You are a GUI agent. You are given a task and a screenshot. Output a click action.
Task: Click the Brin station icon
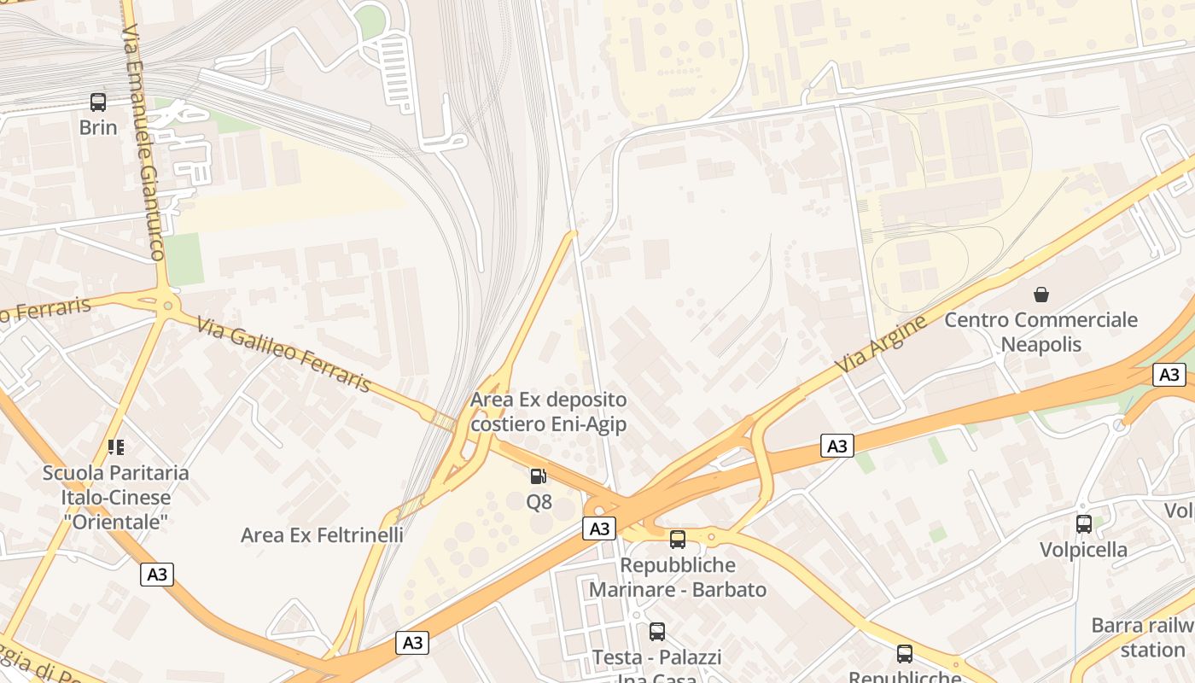tap(98, 102)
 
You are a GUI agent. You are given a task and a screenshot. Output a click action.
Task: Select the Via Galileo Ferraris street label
tap(283, 354)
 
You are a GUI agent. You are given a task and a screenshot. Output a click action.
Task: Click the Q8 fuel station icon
tap(539, 476)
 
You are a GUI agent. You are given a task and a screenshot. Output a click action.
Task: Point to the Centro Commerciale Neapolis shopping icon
tap(1041, 295)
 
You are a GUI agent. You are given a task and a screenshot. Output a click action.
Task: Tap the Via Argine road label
tap(882, 344)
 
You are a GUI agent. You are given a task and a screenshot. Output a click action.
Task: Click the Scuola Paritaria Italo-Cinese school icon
tap(116, 447)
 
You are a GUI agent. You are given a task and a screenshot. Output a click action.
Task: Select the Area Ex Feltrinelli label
tap(322, 535)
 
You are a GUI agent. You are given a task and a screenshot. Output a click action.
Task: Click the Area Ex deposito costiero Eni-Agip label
tap(548, 412)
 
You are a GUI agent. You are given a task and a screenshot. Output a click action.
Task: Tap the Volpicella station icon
tap(1083, 523)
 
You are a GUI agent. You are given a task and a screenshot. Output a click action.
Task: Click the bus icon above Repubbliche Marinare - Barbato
tap(677, 539)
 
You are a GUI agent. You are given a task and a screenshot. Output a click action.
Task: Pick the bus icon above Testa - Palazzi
tap(656, 632)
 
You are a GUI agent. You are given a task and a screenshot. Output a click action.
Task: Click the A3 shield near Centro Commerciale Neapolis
tap(1169, 374)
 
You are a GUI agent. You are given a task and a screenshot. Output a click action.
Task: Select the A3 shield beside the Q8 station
tap(599, 528)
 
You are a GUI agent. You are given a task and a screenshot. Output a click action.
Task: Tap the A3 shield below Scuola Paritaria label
tap(157, 574)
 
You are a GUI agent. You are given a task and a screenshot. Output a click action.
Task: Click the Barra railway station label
tap(1144, 638)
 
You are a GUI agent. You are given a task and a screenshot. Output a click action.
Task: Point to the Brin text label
tap(98, 127)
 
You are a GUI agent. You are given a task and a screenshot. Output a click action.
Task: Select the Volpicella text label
tap(1083, 549)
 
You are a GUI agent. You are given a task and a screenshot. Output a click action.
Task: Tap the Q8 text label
tap(539, 502)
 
